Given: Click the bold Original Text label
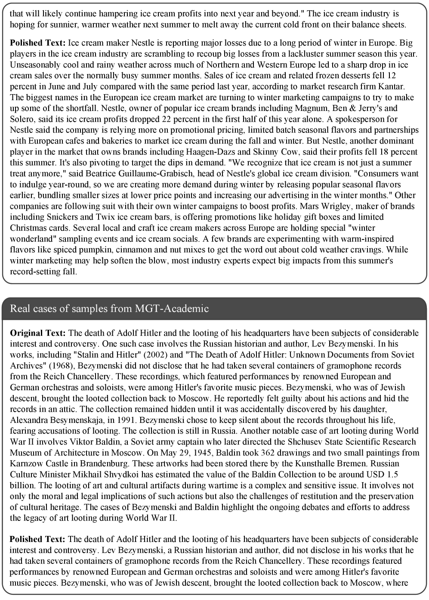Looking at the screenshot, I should pos(37,333).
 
